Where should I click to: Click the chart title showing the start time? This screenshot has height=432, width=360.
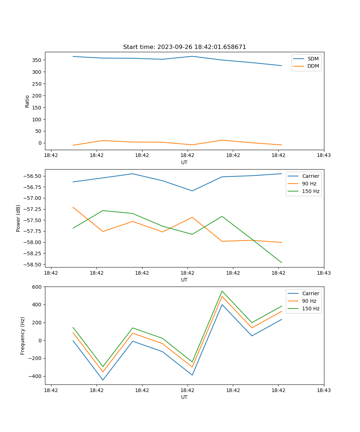click(184, 47)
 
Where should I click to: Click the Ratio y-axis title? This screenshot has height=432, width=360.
click(27, 101)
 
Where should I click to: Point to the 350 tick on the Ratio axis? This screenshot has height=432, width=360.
click(37, 60)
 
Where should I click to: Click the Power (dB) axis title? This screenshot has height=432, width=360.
click(18, 218)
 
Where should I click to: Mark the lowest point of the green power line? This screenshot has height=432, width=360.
click(282, 263)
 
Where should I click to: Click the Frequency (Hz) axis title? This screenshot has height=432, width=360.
click(23, 336)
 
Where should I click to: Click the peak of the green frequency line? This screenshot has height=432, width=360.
click(222, 291)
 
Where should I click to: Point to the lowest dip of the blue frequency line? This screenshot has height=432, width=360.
click(103, 380)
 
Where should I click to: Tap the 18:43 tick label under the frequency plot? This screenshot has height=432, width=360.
click(324, 390)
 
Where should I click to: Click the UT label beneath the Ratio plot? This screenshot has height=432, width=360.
click(184, 162)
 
